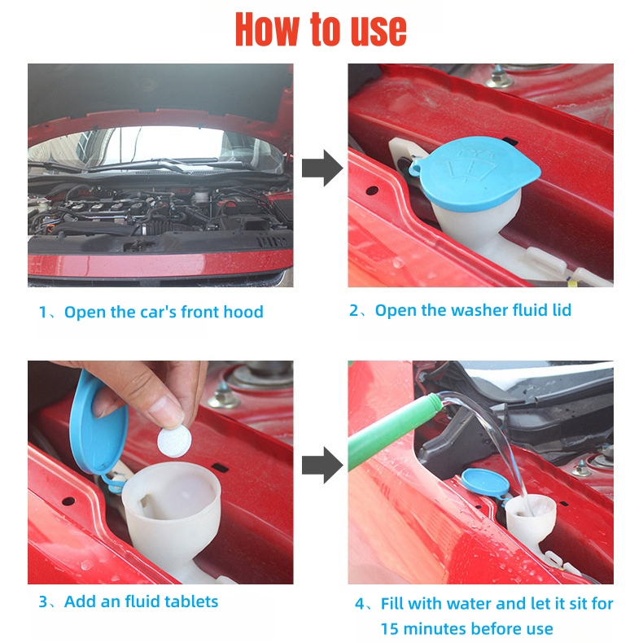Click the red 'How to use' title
pos(321,29)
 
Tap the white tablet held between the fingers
pos(174,441)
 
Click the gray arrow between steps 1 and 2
pos(322,168)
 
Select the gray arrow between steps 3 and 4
pos(322,465)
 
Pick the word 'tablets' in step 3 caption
pos(191,601)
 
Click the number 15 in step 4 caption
pos(390,629)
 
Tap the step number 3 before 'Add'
pos(43,602)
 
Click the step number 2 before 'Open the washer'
pos(353,310)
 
